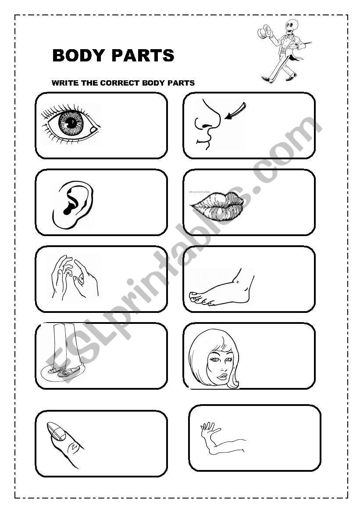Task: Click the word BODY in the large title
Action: tap(79, 55)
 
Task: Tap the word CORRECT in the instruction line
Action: tap(121, 83)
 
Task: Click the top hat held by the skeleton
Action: tap(264, 32)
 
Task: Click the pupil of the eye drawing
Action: tap(71, 123)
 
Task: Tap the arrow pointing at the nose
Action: tap(235, 110)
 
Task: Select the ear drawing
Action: tap(72, 204)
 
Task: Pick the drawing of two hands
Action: tap(75, 277)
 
